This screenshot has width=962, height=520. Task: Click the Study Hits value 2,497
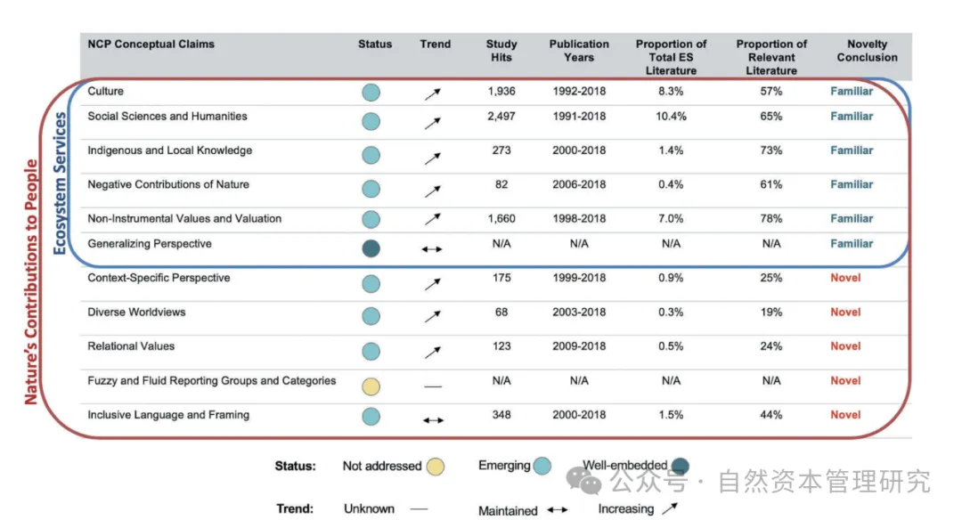(x=501, y=117)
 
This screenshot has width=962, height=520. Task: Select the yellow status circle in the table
(x=371, y=386)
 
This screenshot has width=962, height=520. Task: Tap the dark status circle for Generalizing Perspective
(x=371, y=248)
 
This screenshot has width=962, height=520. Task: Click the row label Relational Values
(x=131, y=346)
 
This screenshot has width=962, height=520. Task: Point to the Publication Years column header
(x=579, y=50)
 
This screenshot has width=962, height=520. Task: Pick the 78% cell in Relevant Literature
(x=771, y=219)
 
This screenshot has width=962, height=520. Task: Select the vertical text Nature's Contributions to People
(x=32, y=282)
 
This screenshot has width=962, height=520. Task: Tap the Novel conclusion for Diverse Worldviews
(x=845, y=313)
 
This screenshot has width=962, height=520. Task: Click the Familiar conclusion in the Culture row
(x=852, y=92)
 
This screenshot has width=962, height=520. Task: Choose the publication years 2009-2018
(x=579, y=346)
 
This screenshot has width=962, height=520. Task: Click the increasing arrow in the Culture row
(x=432, y=93)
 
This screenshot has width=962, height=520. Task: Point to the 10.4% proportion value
(x=671, y=117)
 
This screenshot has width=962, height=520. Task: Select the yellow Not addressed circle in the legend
(x=435, y=467)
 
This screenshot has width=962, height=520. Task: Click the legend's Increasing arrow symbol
(x=668, y=508)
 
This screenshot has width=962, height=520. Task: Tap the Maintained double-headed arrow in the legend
(x=557, y=510)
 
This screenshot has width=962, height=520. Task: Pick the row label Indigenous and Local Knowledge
(x=169, y=150)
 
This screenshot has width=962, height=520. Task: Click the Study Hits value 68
(x=501, y=313)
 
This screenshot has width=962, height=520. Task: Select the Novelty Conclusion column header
(x=867, y=50)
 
